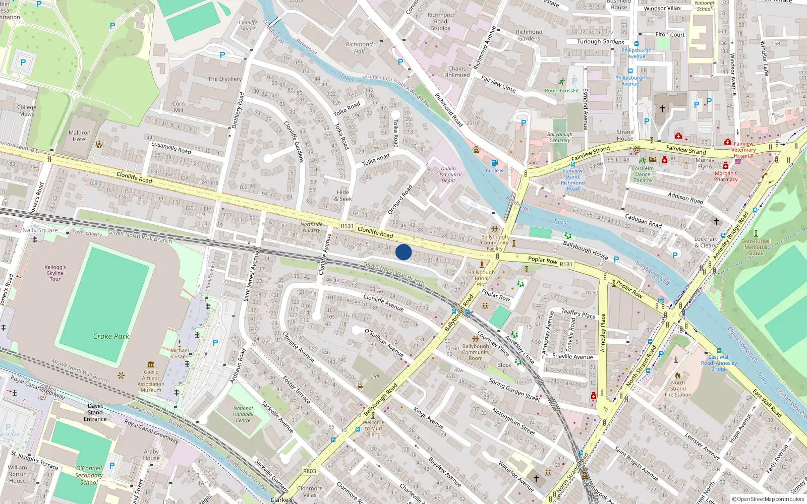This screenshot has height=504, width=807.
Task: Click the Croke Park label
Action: [x=111, y=336]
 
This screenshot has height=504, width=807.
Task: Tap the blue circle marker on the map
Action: [x=403, y=252]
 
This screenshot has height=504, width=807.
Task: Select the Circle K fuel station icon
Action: [x=494, y=163]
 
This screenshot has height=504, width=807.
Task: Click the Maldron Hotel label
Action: [x=80, y=136]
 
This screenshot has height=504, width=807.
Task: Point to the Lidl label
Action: [x=375, y=376]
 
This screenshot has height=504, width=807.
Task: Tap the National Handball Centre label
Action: [x=243, y=414]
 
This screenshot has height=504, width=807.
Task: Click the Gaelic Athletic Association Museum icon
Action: [x=151, y=364]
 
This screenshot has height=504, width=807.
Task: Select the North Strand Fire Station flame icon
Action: [x=678, y=375]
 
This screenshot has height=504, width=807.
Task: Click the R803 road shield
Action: [x=310, y=471]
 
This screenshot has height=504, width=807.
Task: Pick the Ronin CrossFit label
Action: [x=562, y=91]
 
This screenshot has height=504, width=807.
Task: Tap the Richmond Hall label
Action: [x=359, y=48]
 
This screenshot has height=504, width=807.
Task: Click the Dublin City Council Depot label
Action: [x=448, y=174]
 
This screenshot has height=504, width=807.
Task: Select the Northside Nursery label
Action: [x=311, y=227]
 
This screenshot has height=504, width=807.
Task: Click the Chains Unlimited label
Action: [x=457, y=72]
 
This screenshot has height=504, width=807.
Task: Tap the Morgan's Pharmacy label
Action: [x=726, y=176]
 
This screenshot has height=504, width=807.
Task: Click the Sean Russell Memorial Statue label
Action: [x=756, y=247]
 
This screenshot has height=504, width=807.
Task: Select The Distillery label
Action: [x=225, y=79]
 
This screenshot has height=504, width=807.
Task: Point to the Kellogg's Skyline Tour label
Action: [x=55, y=273]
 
